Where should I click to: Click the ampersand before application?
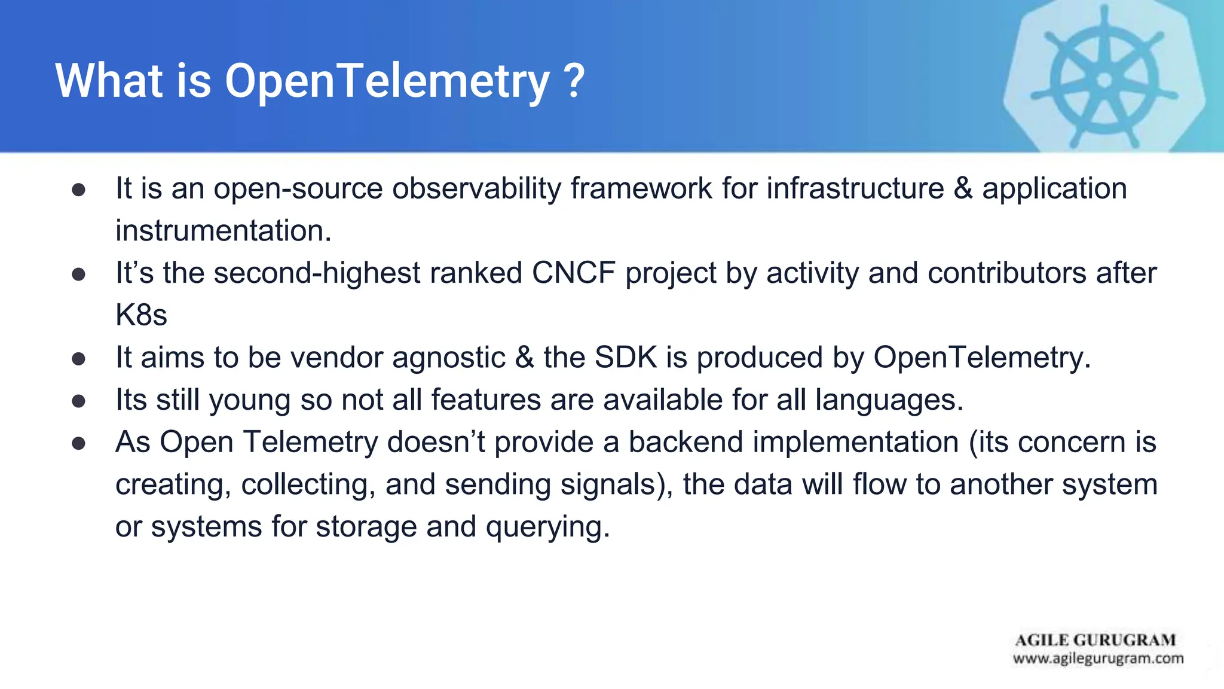963,188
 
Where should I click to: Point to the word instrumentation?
223,231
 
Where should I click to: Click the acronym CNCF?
573,273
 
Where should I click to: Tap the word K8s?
141,315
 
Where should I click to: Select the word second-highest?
317,273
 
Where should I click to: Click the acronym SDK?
626,358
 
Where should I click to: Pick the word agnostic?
449,358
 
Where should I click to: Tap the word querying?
547,527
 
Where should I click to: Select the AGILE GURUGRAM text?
1096,640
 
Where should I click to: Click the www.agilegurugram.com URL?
1098,658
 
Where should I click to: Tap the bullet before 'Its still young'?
78,401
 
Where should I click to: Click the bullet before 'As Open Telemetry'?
78,443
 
